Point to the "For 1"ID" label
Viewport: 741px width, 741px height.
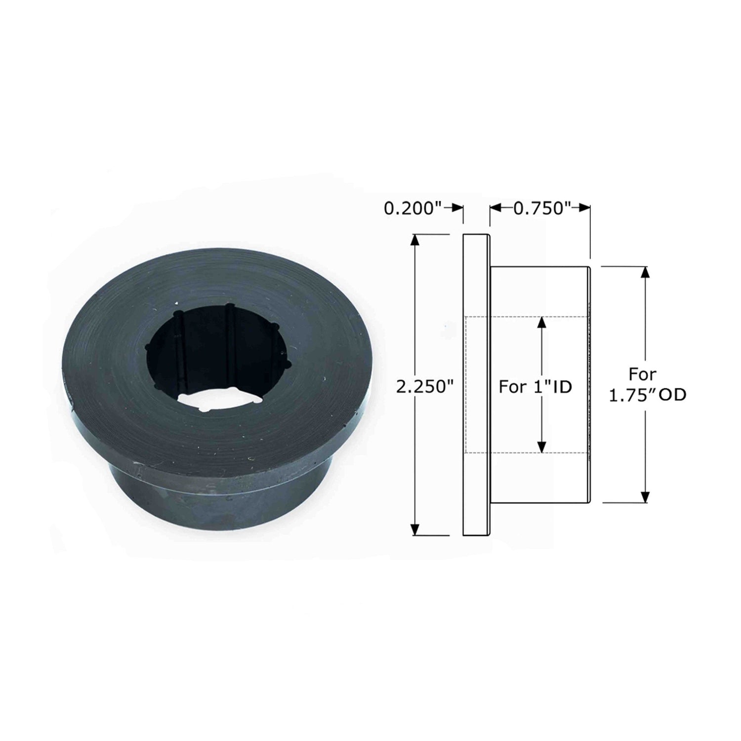tap(535, 386)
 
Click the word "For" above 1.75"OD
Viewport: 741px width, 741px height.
tap(643, 374)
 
